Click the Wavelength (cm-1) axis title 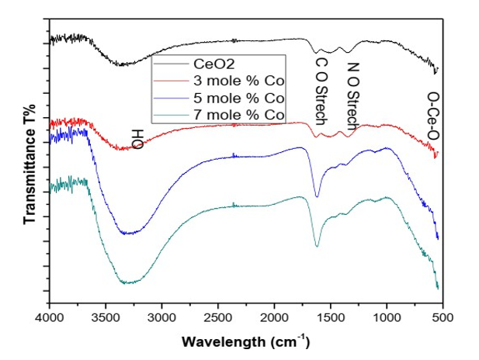pyautogui.click(x=245, y=341)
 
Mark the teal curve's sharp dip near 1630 pyautogui.click(x=317, y=246)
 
